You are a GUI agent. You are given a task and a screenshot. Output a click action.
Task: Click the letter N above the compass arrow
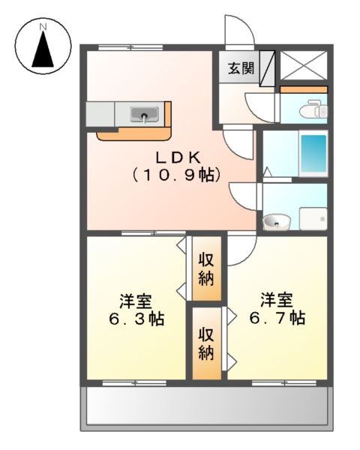(x=43, y=27)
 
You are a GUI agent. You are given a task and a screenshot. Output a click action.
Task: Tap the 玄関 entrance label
(x=240, y=68)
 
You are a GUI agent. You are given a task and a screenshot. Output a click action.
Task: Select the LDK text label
(x=177, y=157)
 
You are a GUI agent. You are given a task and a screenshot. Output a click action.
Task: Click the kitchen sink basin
(x=143, y=115)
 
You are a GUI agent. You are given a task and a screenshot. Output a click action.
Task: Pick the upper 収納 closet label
(x=207, y=268)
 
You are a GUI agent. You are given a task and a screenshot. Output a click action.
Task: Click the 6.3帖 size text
(x=136, y=318)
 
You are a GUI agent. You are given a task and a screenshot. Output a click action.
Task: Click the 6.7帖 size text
(x=277, y=318)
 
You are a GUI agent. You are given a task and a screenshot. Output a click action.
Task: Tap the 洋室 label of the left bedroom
(x=136, y=301)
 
